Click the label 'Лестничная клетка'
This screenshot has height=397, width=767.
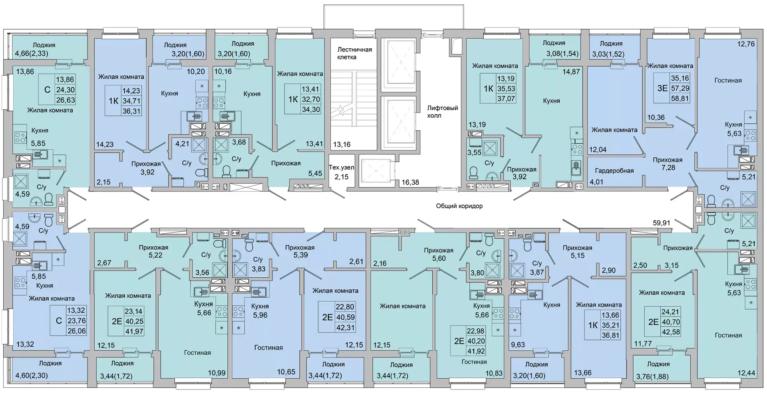coord(354,53)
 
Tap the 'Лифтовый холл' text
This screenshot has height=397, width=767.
coord(442,112)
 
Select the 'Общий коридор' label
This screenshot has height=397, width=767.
coord(459,206)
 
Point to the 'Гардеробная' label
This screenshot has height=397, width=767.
coord(614,171)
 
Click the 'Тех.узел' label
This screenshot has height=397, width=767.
coord(342,168)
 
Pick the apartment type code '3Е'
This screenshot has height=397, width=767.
coord(662,88)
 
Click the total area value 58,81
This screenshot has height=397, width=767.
coord(680,98)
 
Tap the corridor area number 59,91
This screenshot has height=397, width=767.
coord(662,223)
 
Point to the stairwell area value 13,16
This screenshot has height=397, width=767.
coord(342,144)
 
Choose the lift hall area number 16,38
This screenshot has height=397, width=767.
coord(410,182)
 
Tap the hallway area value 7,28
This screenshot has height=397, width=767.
coord(668,168)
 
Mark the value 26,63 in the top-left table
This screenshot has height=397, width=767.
coord(66,100)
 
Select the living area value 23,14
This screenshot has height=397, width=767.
coord(133,311)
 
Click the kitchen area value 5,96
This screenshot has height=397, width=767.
coord(260,315)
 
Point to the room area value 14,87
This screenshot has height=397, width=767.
coord(571,72)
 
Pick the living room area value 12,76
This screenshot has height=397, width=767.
coord(746,44)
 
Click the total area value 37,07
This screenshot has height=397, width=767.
coord(506,98)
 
